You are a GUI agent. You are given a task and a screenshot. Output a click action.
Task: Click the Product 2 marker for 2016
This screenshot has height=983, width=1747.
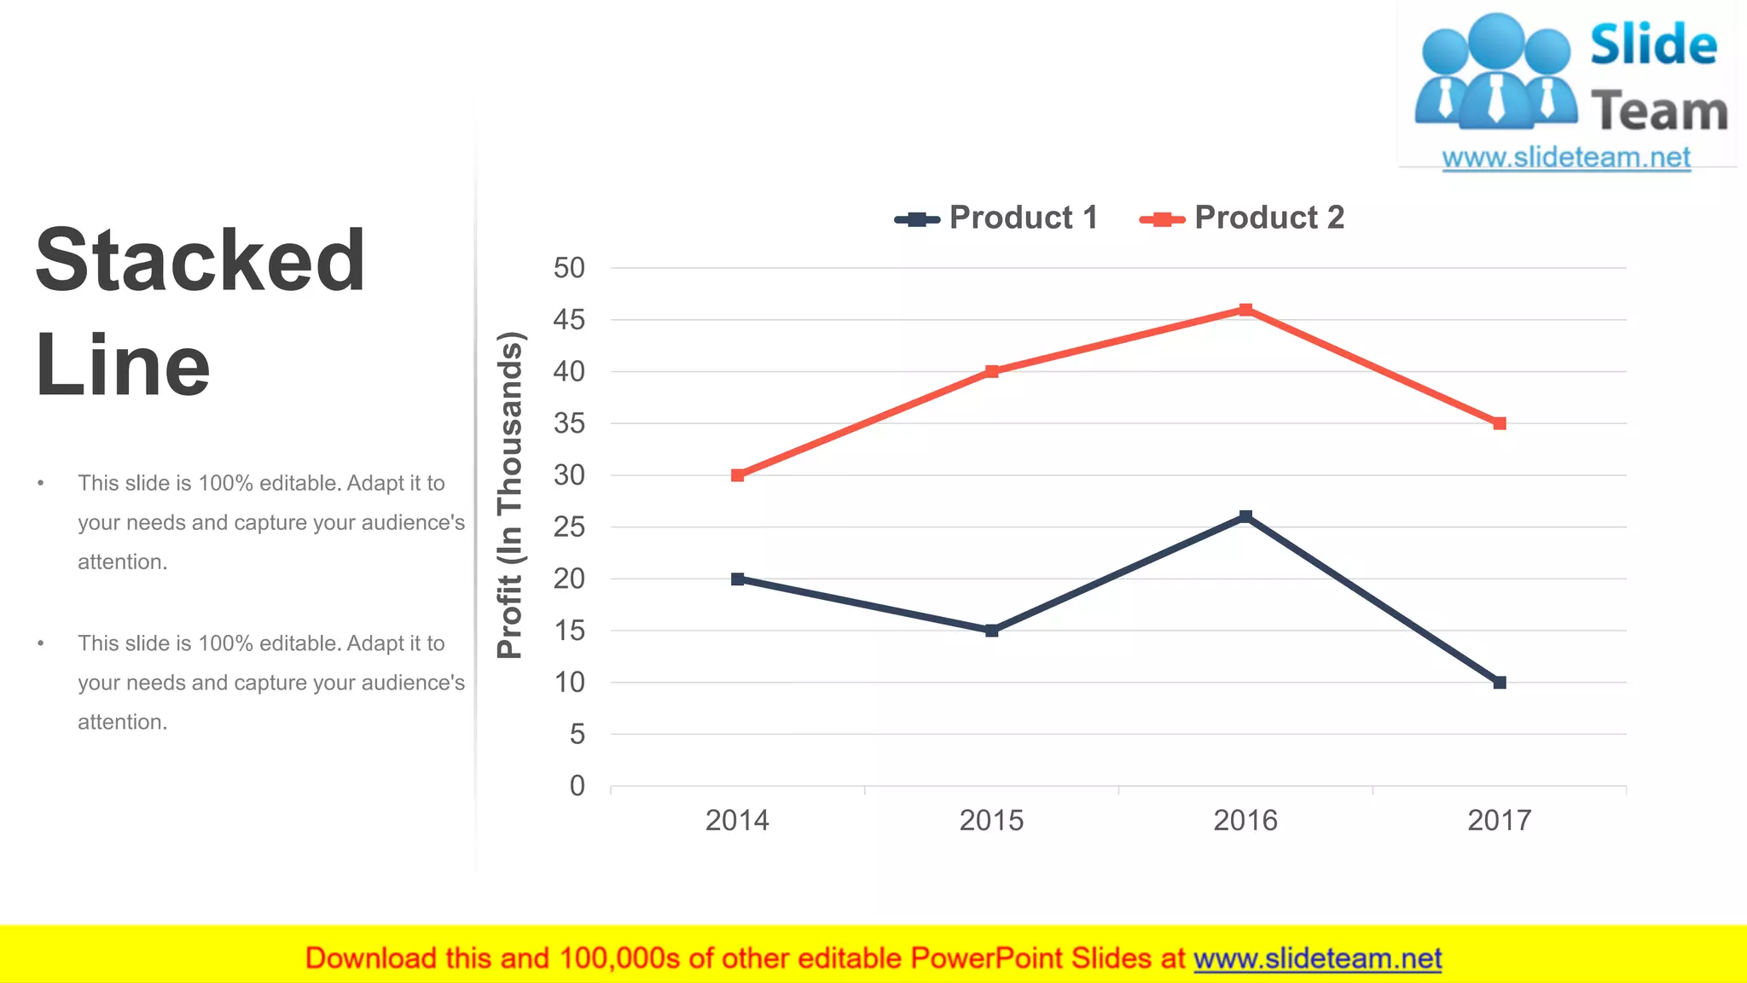point(1245,310)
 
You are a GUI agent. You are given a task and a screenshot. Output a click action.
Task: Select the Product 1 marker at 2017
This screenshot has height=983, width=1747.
point(1500,683)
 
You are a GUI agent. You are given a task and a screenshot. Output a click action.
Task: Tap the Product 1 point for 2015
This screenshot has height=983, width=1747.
point(991,631)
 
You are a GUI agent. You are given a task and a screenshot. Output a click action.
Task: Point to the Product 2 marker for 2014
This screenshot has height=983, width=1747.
point(738,475)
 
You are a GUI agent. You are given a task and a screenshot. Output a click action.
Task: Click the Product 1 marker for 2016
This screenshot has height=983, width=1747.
point(1245,516)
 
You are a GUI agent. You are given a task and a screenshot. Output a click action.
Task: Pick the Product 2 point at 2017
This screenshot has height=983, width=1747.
point(1500,423)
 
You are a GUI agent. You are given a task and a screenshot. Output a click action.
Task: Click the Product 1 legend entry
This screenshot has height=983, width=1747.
point(996,218)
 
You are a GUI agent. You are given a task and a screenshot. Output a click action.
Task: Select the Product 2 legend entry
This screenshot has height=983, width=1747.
point(1242,218)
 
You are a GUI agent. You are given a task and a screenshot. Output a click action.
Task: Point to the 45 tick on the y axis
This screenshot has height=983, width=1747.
point(569,320)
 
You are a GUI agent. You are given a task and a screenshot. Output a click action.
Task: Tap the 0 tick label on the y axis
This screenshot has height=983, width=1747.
point(577,786)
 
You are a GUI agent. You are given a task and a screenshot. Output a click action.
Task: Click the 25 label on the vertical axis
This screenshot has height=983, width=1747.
point(569,527)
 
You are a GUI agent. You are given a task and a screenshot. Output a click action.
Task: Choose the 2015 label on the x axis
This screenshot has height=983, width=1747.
point(991,821)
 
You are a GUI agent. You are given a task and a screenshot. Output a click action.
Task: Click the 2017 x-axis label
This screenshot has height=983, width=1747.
point(1500,821)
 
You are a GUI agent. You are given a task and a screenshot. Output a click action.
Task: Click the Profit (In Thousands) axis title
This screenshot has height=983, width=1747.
point(510,495)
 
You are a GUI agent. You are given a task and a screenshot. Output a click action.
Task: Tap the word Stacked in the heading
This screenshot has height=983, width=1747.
point(200,260)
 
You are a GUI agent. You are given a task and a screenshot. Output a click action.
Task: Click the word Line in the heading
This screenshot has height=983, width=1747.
point(123,365)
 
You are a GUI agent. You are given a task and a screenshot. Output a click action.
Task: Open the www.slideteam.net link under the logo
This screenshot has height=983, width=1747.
point(1566,158)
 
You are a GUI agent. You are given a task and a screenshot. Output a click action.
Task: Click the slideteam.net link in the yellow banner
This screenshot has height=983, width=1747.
point(1317,959)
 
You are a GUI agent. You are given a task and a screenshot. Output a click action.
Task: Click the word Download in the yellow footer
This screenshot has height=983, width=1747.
point(370,959)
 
